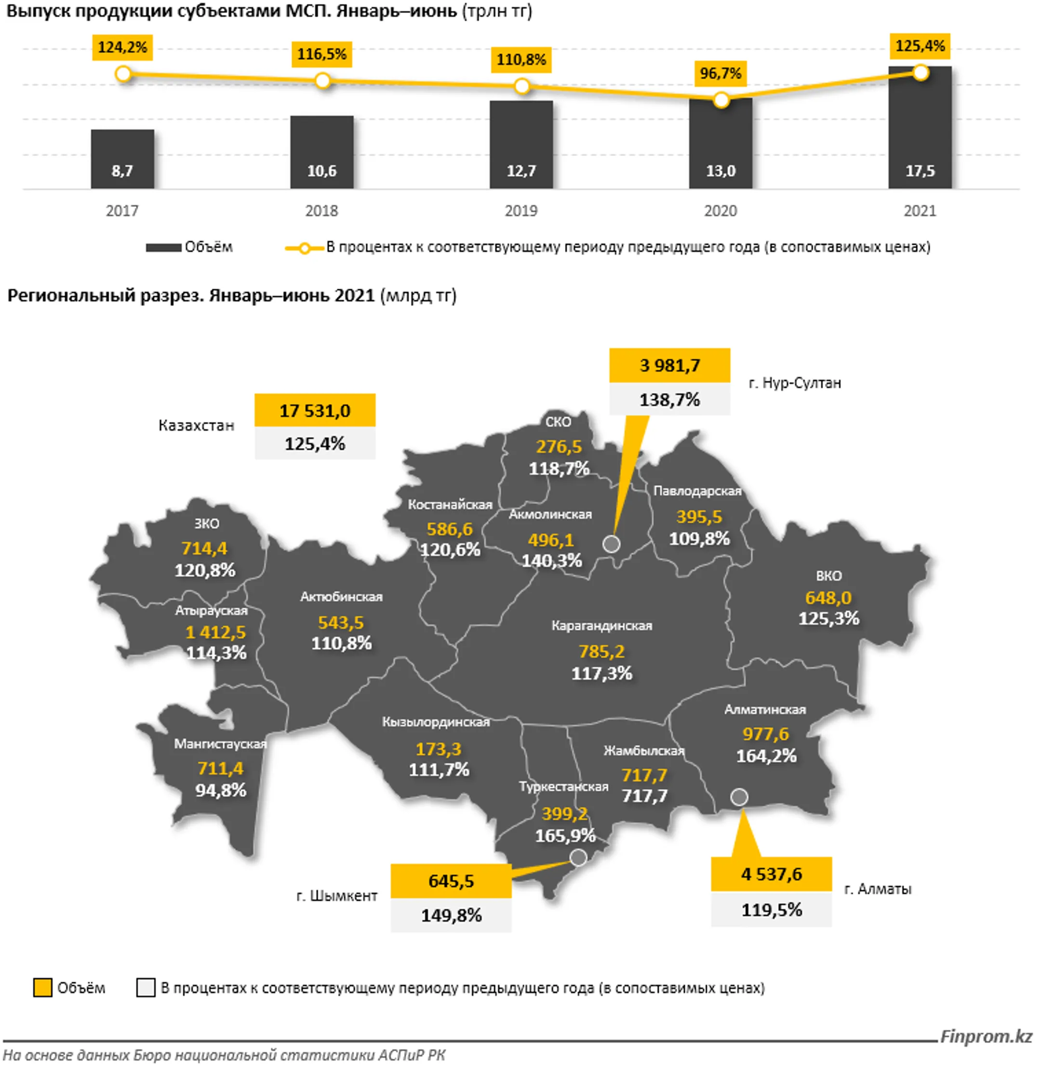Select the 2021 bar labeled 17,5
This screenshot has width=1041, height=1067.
920,129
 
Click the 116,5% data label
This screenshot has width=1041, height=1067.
321,54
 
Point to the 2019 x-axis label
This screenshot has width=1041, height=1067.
520,211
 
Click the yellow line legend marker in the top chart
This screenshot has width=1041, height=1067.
304,248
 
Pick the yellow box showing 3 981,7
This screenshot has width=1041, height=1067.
669,365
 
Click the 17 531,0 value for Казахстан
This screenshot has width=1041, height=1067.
315,411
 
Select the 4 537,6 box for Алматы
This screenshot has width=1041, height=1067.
771,874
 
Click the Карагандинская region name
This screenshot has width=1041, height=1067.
601,626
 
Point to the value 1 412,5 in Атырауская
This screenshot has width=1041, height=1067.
215,632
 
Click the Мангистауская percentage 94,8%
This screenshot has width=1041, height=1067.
221,790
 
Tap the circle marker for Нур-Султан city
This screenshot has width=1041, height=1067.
611,544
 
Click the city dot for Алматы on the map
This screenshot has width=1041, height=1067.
739,797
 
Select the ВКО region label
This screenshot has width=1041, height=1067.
828,575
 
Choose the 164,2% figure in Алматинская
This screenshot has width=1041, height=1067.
766,756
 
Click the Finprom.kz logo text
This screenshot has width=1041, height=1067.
986,1036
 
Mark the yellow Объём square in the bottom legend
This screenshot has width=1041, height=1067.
42,988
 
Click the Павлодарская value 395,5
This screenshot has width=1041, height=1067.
699,517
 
